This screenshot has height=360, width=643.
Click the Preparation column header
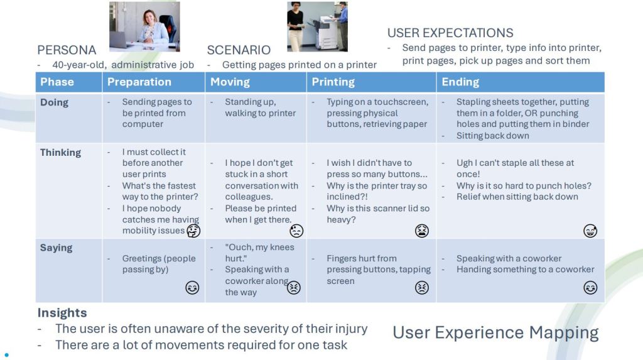(139, 82)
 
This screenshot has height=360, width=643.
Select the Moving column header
(230, 82)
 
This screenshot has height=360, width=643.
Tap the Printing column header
(333, 82)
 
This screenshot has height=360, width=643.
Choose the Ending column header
(460, 82)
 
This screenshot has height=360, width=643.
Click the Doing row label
(54, 102)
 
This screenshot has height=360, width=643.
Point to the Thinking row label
(60, 153)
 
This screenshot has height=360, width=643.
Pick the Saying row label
(56, 248)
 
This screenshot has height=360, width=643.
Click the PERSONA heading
(67, 50)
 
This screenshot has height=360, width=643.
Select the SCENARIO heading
(239, 50)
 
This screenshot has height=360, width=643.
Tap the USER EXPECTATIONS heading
(450, 33)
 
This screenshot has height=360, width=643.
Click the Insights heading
(62, 313)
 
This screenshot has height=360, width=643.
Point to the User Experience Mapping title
(495, 332)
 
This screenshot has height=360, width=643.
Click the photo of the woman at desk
(144, 26)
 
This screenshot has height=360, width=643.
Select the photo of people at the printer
(317, 26)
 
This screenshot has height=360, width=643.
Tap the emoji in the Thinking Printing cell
(421, 231)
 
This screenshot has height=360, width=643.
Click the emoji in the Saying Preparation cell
(192, 287)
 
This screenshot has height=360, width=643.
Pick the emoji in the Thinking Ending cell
(590, 231)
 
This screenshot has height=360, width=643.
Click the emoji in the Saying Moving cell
(294, 287)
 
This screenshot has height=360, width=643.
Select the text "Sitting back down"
(492, 136)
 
